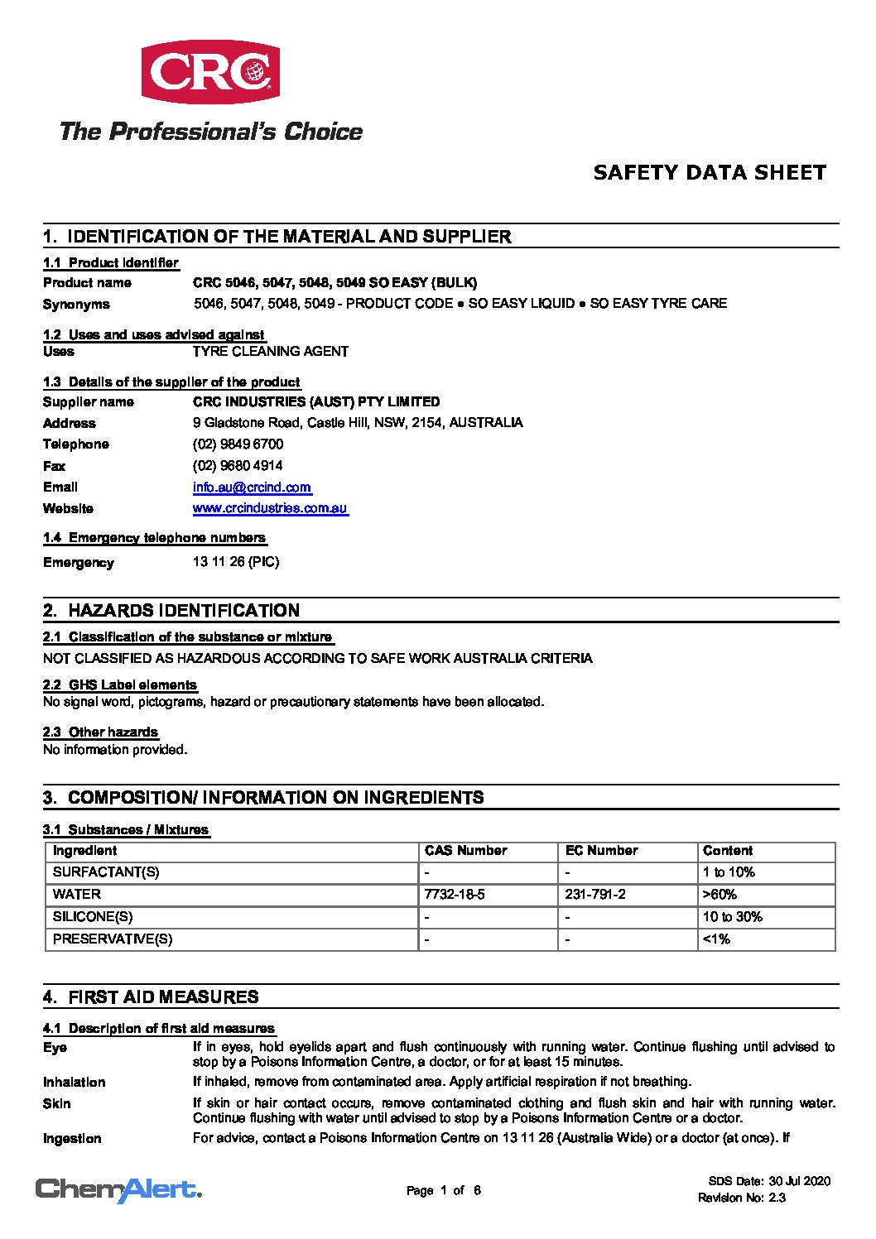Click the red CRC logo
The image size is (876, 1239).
click(x=209, y=72)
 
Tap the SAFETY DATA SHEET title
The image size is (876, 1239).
click(x=710, y=172)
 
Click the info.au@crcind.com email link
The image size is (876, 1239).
click(x=252, y=487)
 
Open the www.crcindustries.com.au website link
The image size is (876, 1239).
click(x=270, y=508)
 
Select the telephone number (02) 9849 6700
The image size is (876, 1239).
click(x=238, y=444)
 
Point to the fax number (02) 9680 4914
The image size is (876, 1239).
click(x=238, y=466)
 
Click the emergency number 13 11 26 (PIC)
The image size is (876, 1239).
click(x=236, y=562)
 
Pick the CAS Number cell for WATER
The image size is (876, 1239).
click(x=454, y=895)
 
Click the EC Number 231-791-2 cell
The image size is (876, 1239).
click(x=594, y=895)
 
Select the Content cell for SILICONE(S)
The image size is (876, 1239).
click(x=732, y=917)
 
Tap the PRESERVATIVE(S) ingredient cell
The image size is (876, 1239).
click(x=113, y=939)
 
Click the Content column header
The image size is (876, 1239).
click(x=727, y=851)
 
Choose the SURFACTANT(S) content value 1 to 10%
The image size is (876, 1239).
click(x=729, y=872)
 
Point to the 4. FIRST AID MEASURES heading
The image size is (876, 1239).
click(x=151, y=997)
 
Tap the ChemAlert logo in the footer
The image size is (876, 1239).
click(x=118, y=1190)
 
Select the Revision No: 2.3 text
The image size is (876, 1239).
click(x=741, y=1198)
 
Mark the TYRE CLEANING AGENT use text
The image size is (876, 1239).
click(x=270, y=352)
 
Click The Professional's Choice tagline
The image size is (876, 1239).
click(x=210, y=132)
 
